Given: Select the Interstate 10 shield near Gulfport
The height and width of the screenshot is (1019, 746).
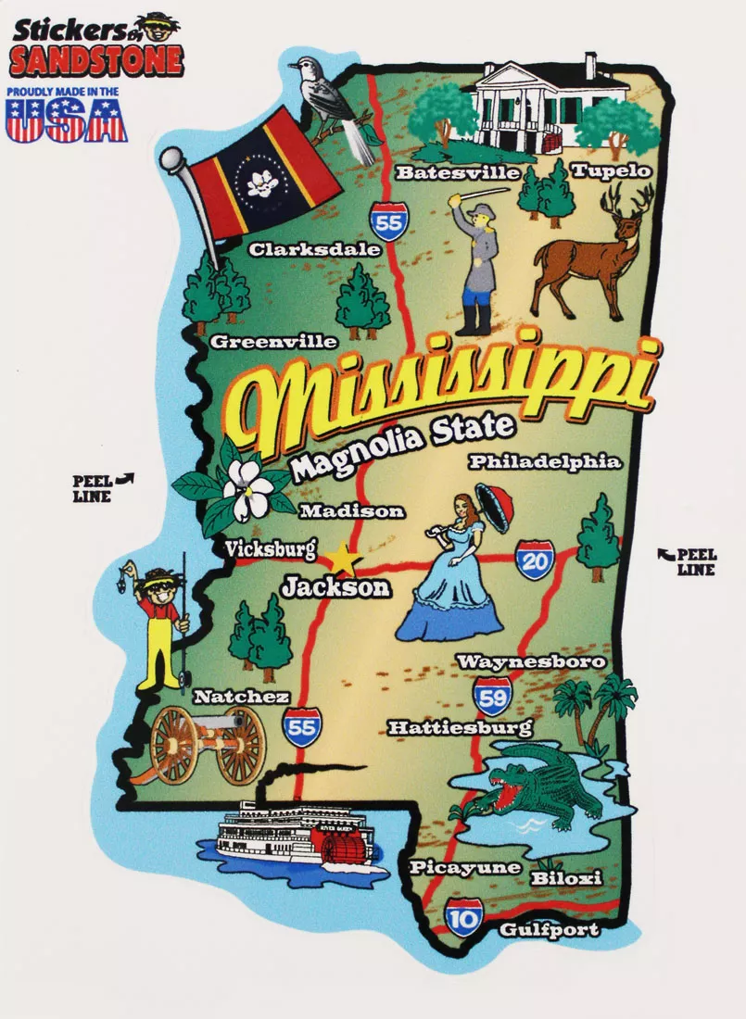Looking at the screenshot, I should [462, 917].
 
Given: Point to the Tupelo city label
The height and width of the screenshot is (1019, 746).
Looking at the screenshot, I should [611, 170].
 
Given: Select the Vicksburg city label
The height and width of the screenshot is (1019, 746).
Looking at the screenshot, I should [271, 548].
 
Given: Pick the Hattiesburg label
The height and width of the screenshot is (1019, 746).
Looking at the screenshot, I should [460, 727].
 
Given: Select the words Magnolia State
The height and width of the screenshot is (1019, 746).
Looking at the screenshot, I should [400, 447].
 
